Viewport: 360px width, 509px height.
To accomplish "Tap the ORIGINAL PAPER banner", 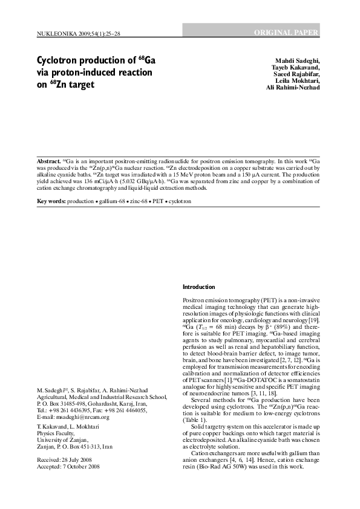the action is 286,31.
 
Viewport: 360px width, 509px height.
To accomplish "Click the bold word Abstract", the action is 48,163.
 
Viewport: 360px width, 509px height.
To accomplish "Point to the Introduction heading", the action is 199,287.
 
